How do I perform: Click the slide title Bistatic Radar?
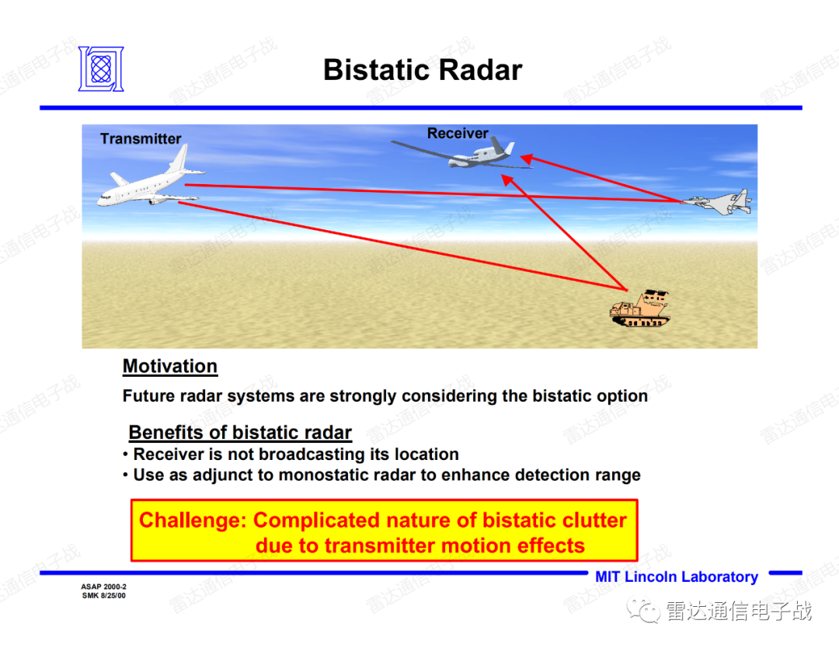pos(422,70)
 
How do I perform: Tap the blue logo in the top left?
pos(101,69)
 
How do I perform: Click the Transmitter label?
pos(141,138)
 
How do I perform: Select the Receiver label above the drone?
pos(458,133)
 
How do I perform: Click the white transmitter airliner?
pos(151,179)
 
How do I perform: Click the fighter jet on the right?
pos(717,202)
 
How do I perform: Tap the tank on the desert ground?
pos(640,308)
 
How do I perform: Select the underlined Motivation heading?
pos(170,367)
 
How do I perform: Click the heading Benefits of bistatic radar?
pos(240,432)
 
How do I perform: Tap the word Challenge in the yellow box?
pos(193,521)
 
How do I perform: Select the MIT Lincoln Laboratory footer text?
pos(677,577)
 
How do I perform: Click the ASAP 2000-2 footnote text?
pos(104,587)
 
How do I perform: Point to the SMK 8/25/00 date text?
pos(104,596)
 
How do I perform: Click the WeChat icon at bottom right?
pos(643,611)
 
